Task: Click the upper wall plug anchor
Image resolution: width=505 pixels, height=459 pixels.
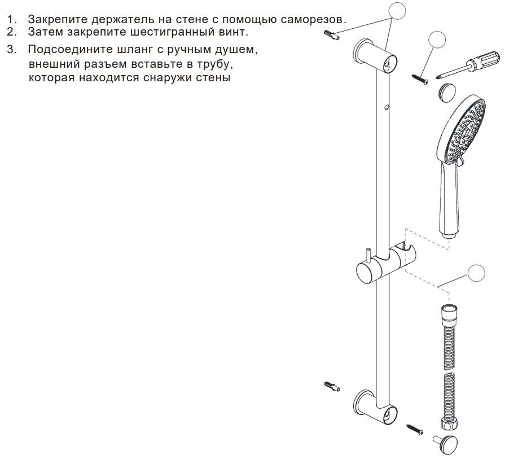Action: tap(332, 35)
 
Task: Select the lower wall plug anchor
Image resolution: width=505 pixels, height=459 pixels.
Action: tap(332, 386)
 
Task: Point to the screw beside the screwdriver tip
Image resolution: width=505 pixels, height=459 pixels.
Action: tap(420, 80)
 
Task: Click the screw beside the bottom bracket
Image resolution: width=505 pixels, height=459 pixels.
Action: tap(415, 430)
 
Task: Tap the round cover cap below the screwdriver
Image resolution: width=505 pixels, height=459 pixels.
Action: tap(446, 93)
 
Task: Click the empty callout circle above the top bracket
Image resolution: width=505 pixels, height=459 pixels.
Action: tap(397, 11)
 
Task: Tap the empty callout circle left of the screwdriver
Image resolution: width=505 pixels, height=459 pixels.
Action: tap(437, 40)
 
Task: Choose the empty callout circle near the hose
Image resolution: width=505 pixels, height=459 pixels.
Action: tap(476, 273)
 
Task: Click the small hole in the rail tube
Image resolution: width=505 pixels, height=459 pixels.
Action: tap(387, 106)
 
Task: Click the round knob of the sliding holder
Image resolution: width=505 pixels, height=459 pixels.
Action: tap(365, 273)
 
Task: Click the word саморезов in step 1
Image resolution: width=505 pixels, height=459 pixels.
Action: tap(313, 19)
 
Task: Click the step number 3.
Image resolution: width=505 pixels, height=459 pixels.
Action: tap(11, 50)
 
